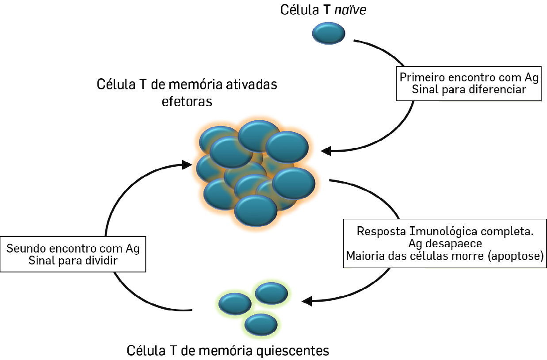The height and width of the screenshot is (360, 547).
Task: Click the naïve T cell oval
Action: pos(329,33)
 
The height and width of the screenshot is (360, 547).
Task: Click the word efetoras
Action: pos(187,101)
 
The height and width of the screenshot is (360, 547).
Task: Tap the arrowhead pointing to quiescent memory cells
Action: pos(306,302)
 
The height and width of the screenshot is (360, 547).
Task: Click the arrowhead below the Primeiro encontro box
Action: pos(326,151)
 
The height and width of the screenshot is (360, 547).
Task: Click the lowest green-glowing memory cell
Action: pos(261,325)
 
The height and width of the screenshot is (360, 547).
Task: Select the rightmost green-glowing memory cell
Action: pos(272,293)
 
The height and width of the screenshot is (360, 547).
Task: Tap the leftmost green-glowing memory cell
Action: pos(235,304)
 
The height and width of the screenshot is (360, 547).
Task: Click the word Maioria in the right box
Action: pos(363,256)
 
